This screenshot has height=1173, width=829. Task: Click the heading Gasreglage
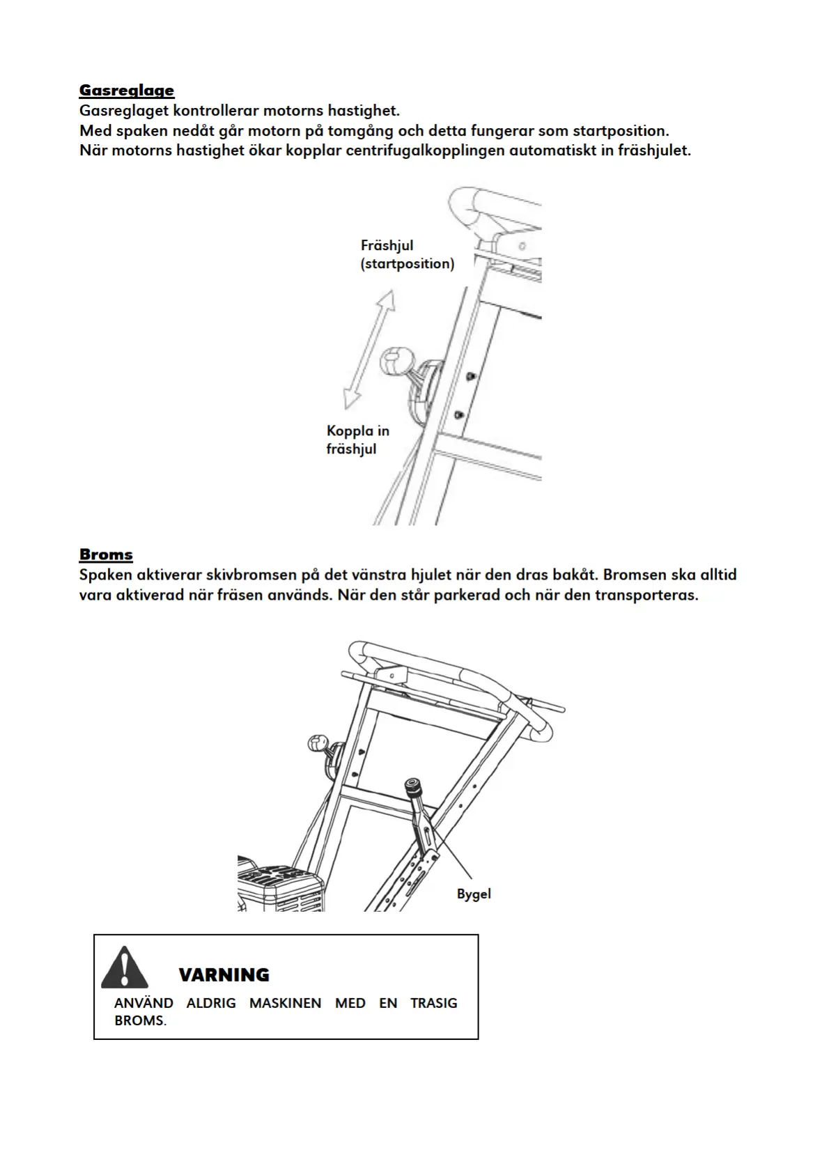tap(126, 90)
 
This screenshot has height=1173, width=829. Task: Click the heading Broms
tap(106, 554)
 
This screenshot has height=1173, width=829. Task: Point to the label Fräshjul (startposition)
tap(407, 254)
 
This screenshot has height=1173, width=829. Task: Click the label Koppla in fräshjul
tap(357, 440)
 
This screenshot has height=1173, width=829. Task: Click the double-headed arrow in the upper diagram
tap(369, 348)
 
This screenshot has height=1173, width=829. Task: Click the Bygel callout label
tap(474, 894)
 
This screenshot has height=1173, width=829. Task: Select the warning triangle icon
tap(124, 968)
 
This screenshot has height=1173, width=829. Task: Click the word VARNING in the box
tap(224, 974)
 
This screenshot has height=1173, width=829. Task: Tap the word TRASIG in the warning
tap(433, 1003)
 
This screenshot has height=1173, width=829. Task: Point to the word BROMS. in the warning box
tap(140, 1021)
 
